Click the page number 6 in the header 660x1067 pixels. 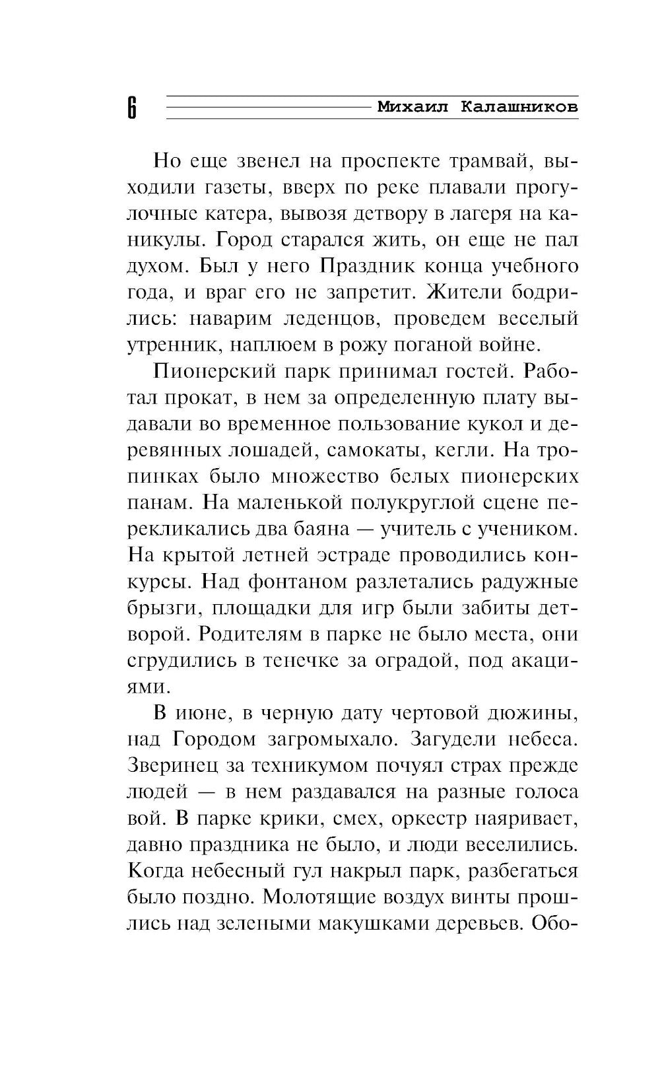click(x=131, y=107)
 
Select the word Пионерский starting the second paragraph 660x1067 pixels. click(x=214, y=371)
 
